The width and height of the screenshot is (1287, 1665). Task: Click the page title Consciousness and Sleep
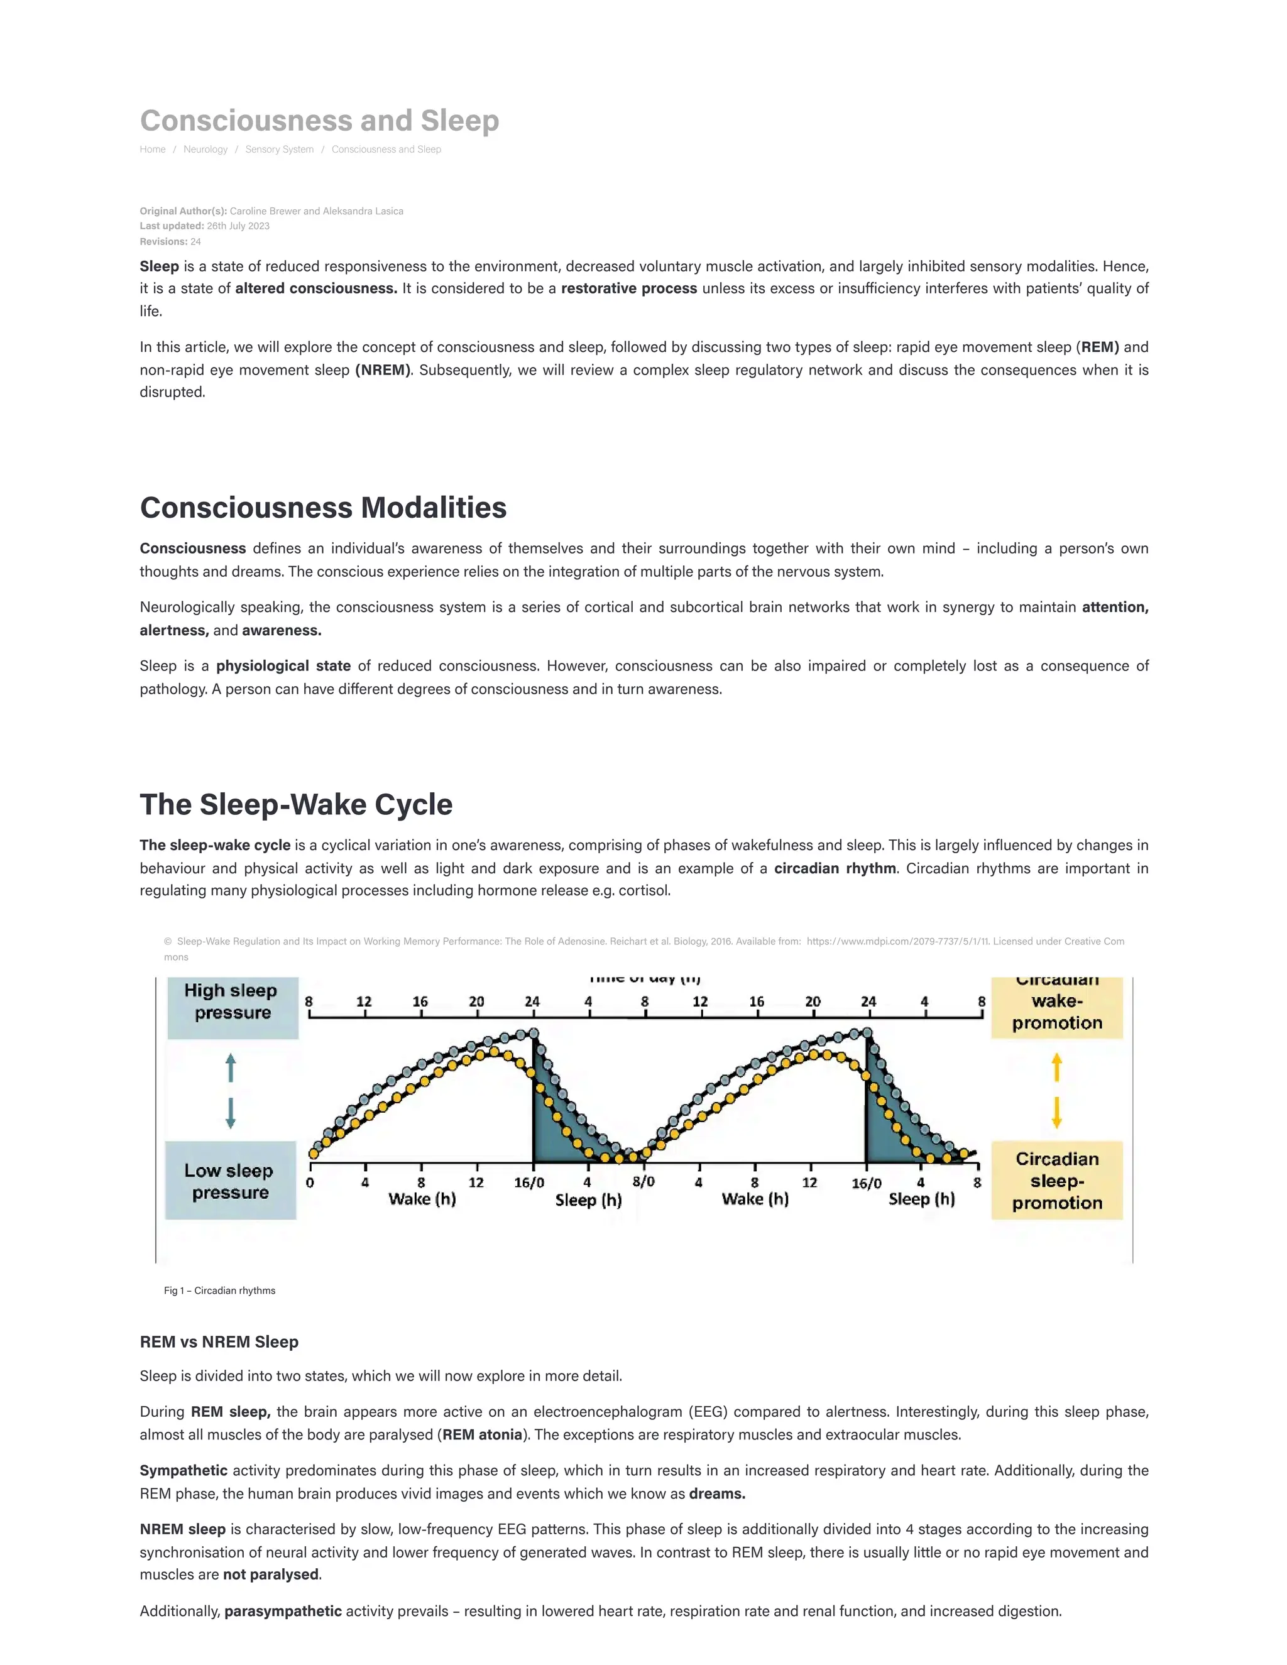tap(319, 121)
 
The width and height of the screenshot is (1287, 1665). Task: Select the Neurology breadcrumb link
tap(205, 150)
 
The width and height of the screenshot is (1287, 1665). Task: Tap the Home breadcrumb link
tap(153, 150)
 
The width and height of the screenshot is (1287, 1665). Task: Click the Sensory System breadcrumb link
tap(279, 150)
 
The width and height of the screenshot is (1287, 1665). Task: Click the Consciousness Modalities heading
tap(323, 508)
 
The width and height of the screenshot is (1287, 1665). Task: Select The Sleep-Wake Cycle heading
tap(296, 804)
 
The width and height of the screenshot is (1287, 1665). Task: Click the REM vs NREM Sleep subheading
tap(219, 1342)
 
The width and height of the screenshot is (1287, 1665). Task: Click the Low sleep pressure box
tap(229, 1181)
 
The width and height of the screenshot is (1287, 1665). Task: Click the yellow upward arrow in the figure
tap(1057, 1067)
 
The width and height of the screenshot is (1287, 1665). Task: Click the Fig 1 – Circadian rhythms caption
tap(219, 1291)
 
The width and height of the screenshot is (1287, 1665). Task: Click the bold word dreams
tap(716, 1493)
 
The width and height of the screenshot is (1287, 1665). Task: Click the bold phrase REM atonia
tap(482, 1435)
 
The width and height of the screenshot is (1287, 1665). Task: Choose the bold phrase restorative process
tap(629, 288)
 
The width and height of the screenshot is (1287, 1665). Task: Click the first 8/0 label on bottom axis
tap(643, 1182)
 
